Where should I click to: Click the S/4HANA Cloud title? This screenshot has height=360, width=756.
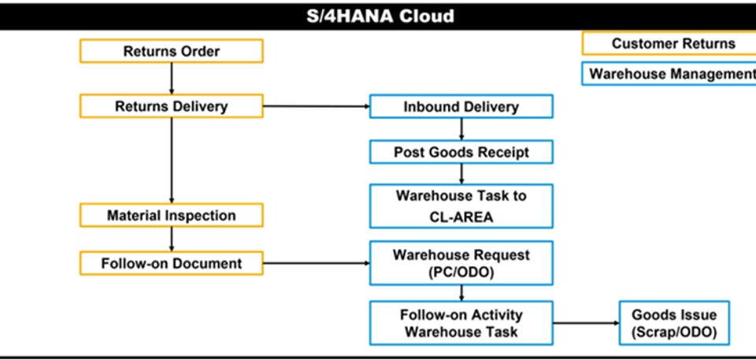pyautogui.click(x=380, y=16)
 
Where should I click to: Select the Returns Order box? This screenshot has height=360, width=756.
pyautogui.click(x=172, y=51)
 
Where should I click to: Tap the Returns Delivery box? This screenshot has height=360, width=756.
pyautogui.click(x=172, y=106)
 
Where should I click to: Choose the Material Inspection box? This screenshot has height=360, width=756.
pyautogui.click(x=172, y=215)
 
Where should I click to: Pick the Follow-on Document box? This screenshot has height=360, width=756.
pyautogui.click(x=172, y=263)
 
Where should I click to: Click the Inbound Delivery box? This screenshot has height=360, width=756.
pyautogui.click(x=461, y=106)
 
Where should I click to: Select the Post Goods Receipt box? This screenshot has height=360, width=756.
pyautogui.click(x=461, y=152)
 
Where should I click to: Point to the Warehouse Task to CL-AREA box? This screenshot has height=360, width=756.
pyautogui.click(x=461, y=206)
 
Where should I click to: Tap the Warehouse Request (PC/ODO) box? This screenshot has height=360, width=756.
pyautogui.click(x=461, y=263)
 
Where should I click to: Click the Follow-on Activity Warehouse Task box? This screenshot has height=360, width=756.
pyautogui.click(x=461, y=323)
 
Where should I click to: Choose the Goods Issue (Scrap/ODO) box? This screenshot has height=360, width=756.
pyautogui.click(x=674, y=323)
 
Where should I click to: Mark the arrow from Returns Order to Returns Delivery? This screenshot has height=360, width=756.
pyautogui.click(x=172, y=79)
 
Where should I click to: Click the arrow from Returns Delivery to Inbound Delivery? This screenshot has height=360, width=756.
pyautogui.click(x=317, y=106)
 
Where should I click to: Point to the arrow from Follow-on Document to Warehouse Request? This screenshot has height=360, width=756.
pyautogui.click(x=317, y=263)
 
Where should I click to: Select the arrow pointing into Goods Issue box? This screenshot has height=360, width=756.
pyautogui.click(x=586, y=323)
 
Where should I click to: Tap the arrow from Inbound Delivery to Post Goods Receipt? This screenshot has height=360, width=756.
pyautogui.click(x=461, y=129)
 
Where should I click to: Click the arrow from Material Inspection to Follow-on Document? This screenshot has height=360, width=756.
pyautogui.click(x=172, y=239)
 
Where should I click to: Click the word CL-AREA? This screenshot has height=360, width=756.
pyautogui.click(x=461, y=217)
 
